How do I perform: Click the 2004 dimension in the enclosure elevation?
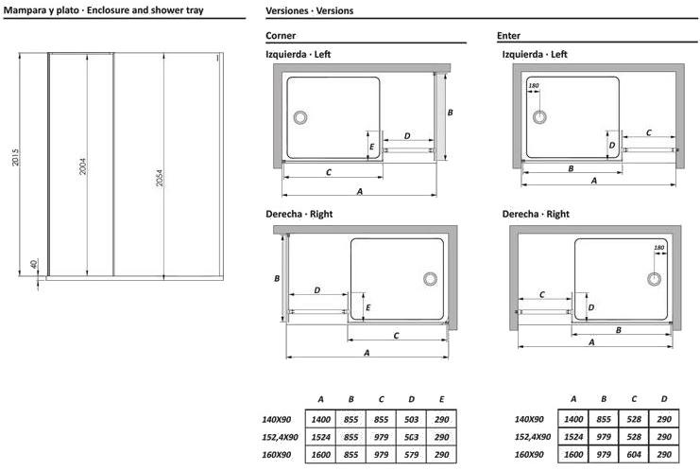(82, 166)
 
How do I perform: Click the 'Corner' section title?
(281, 35)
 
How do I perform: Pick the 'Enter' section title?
(508, 35)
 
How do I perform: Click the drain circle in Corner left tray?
(301, 117)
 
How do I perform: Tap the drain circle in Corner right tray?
(431, 279)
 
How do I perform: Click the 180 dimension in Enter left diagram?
(535, 87)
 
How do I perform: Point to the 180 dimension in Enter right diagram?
(660, 249)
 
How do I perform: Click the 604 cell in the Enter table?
(634, 453)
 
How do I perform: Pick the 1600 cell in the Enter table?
(572, 453)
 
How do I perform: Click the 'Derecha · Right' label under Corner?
(299, 215)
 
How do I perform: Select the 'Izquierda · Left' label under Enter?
(535, 55)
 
